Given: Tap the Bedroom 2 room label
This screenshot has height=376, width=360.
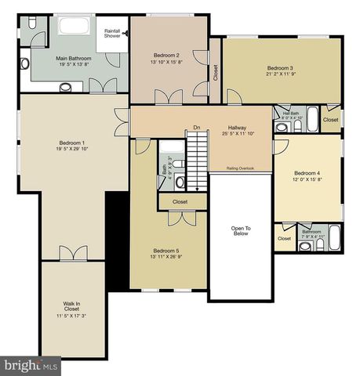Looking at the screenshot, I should (167, 55).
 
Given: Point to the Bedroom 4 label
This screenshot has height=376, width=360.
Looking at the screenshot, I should (307, 173).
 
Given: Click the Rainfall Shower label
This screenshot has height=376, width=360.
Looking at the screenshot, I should (113, 33).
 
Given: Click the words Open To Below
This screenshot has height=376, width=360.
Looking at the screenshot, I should (241, 230).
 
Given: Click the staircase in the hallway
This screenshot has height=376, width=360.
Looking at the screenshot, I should (197, 161).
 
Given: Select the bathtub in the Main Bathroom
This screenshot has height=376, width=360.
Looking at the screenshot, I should (75, 25).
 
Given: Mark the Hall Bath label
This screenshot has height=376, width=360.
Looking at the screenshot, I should (290, 114).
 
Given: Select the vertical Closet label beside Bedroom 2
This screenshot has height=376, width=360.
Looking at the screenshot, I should (216, 72).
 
